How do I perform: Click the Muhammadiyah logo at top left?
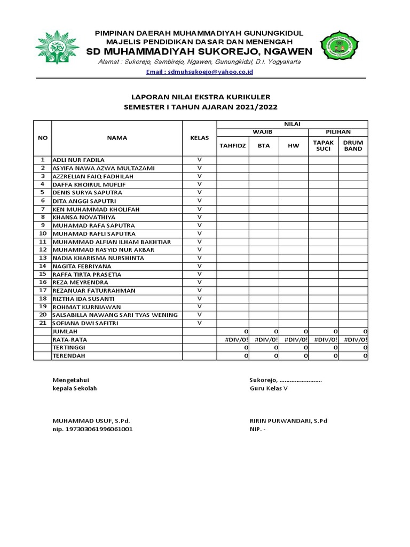click(x=57, y=47)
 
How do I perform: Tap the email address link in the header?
click(x=200, y=72)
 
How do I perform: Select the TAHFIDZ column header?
click(x=232, y=145)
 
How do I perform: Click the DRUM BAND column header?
click(x=353, y=145)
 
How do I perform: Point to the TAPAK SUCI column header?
click(x=323, y=145)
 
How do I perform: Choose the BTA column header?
click(x=264, y=145)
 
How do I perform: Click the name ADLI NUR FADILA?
click(x=78, y=160)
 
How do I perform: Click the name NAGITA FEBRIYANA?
click(x=82, y=266)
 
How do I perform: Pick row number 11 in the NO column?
click(x=43, y=241)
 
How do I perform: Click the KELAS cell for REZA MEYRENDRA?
click(x=200, y=282)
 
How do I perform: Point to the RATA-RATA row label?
click(x=69, y=340)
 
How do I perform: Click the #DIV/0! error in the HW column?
click(x=294, y=340)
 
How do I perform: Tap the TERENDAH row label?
click(x=68, y=356)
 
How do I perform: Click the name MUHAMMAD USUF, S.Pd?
click(x=91, y=420)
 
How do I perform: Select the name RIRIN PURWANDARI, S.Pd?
click(x=288, y=420)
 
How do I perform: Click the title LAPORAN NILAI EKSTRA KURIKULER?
click(x=201, y=97)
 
